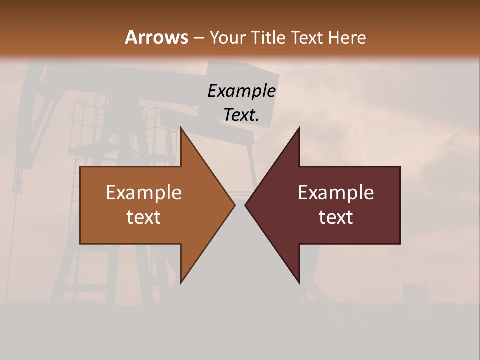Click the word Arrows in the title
(x=156, y=37)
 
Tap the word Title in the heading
(x=266, y=37)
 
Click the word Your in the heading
(x=227, y=37)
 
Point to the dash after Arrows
(x=198, y=38)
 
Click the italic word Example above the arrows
(x=242, y=91)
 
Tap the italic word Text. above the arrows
(x=242, y=115)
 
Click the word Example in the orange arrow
(x=144, y=192)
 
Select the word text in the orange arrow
(x=144, y=217)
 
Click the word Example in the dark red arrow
(x=336, y=192)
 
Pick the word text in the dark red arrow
(x=336, y=217)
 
